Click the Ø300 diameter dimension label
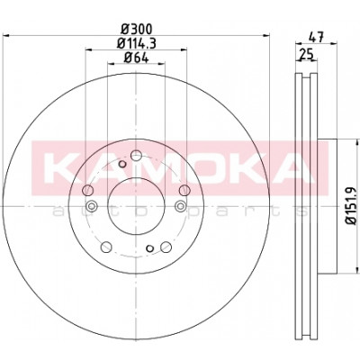click(137, 29)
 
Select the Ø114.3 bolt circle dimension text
click(137, 44)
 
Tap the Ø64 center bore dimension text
click(137, 58)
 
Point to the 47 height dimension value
click(316, 38)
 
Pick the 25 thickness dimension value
click(306, 55)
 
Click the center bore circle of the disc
click(136, 206)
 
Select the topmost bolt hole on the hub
click(136, 156)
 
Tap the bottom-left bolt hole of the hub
click(106, 247)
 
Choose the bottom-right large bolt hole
click(166, 247)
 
